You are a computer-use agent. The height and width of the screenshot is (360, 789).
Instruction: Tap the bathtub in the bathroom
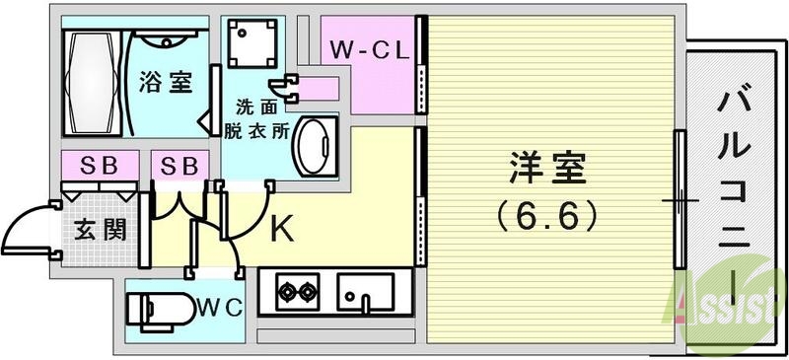pyautogui.click(x=93, y=84)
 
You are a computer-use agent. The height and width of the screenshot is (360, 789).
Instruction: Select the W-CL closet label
pyautogui.click(x=369, y=49)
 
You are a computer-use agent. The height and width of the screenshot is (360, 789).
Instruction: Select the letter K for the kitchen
pyautogui.click(x=282, y=229)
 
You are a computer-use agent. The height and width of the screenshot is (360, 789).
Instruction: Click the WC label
pyautogui.click(x=219, y=307)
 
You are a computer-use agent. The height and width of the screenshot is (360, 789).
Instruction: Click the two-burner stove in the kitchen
pyautogui.click(x=297, y=292)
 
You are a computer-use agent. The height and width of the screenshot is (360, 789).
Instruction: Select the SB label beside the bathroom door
pyautogui.click(x=179, y=164)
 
